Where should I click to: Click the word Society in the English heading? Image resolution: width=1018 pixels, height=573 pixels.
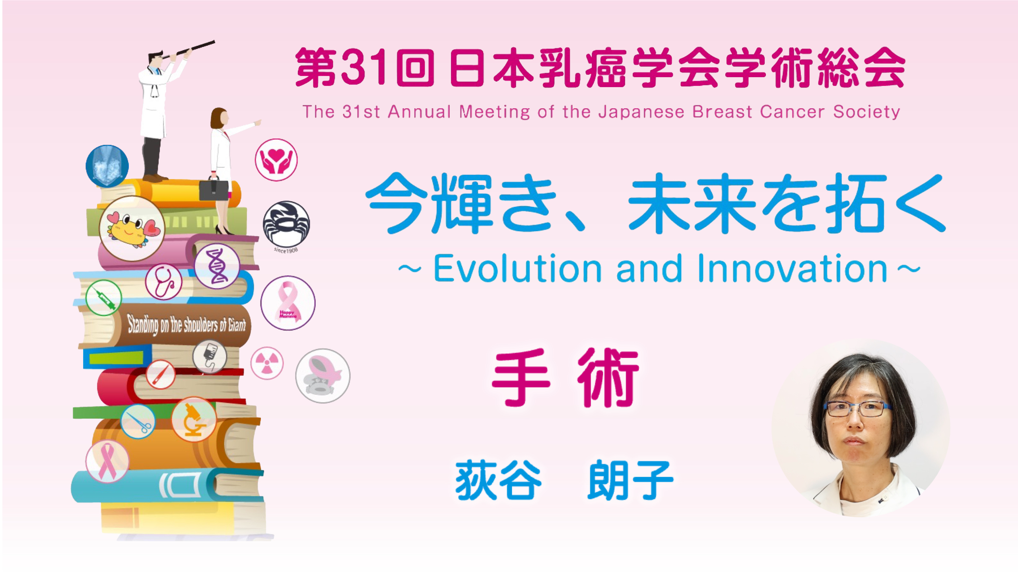point(867,112)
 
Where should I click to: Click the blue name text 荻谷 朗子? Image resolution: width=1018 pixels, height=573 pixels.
point(564,480)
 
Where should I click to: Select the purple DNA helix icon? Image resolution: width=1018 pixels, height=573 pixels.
point(217,266)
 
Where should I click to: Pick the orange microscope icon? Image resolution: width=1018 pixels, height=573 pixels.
point(194,419)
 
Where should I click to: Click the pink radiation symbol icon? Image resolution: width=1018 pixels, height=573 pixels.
point(267,363)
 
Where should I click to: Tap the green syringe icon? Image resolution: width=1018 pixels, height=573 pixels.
point(104,298)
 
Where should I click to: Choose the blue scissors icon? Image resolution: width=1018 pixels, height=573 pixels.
point(138,422)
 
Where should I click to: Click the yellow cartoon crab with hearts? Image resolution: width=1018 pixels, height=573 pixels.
point(132,229)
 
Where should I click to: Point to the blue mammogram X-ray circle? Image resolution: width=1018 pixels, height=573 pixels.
point(107,166)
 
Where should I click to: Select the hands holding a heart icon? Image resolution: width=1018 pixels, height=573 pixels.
point(276,160)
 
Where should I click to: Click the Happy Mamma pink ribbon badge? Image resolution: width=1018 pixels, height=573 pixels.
point(288,303)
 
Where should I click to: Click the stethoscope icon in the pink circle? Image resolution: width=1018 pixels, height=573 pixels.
point(163,282)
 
